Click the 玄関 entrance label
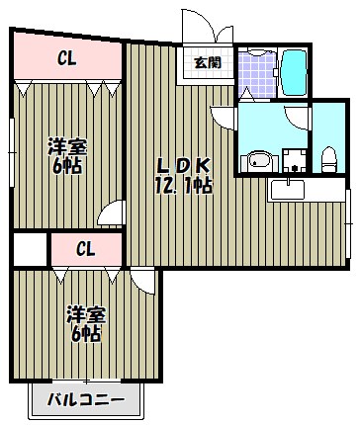pos(207,63)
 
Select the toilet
pos(328,158)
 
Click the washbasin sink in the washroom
pos(259,159)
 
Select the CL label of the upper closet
pos(67,58)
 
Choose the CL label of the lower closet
pos(85,248)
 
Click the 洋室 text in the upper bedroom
pos(66,148)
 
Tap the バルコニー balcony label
pos(86,401)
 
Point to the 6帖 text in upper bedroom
pos(66,167)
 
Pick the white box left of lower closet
pos(30,248)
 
